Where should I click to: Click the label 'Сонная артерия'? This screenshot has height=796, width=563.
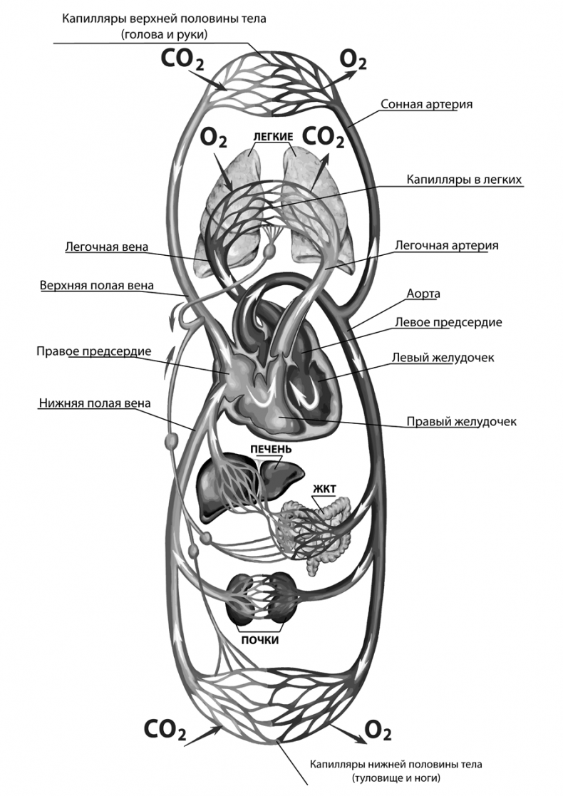(427, 104)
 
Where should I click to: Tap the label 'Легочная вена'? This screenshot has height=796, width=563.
(106, 248)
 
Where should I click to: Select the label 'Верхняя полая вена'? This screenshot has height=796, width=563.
(96, 286)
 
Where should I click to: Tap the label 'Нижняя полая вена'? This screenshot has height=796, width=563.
(94, 403)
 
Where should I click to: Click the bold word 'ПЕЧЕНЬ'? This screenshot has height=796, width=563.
(270, 450)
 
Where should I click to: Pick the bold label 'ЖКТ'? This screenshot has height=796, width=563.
(323, 489)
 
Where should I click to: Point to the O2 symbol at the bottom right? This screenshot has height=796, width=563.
(378, 730)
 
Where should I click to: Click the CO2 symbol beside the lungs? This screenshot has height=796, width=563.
(324, 137)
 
